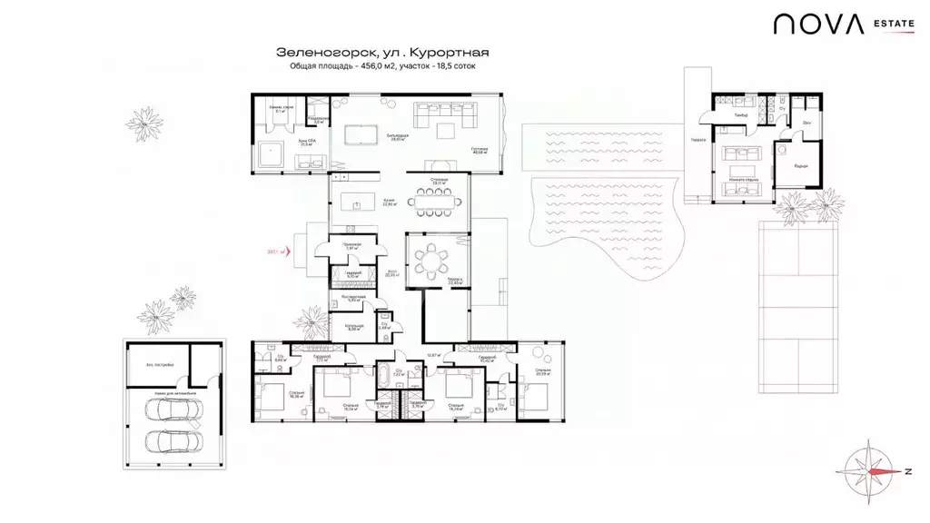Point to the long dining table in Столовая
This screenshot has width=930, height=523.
point(437,200)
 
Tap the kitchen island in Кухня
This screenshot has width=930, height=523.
point(358,201)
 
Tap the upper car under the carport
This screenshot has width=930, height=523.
point(166,410)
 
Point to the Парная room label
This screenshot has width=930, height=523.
point(799,166)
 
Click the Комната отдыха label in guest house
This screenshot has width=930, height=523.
point(742,180)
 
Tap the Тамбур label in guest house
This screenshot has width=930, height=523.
point(742,114)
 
